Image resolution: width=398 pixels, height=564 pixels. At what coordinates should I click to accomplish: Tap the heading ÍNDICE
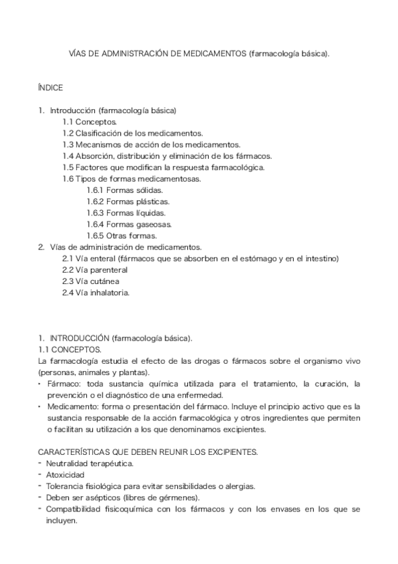[50, 87]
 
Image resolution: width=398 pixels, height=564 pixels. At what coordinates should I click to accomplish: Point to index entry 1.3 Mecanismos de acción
[151, 144]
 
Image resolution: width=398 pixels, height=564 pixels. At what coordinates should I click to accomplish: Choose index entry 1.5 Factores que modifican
[163, 167]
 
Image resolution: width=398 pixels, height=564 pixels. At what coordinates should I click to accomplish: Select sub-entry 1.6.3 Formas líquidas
[126, 212]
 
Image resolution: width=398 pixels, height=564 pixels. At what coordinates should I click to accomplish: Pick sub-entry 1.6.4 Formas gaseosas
[129, 223]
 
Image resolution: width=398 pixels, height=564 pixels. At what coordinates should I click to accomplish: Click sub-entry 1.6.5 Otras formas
[122, 235]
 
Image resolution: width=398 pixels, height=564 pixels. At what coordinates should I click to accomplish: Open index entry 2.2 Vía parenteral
[94, 269]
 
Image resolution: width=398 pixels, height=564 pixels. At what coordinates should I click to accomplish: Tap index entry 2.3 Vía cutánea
[90, 281]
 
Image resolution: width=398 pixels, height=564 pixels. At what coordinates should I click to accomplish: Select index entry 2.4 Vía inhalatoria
[96, 292]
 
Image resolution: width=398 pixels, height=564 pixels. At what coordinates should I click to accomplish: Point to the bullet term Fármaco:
[62, 384]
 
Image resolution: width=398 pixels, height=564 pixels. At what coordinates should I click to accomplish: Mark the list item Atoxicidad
[65, 475]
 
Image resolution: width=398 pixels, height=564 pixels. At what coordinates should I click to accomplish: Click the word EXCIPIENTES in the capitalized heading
[229, 452]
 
